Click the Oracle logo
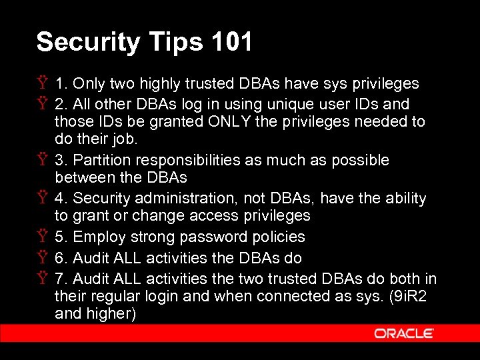coord(404,333)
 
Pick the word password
coord(215,237)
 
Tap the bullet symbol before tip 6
coord(43,258)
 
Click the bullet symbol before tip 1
coord(43,84)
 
